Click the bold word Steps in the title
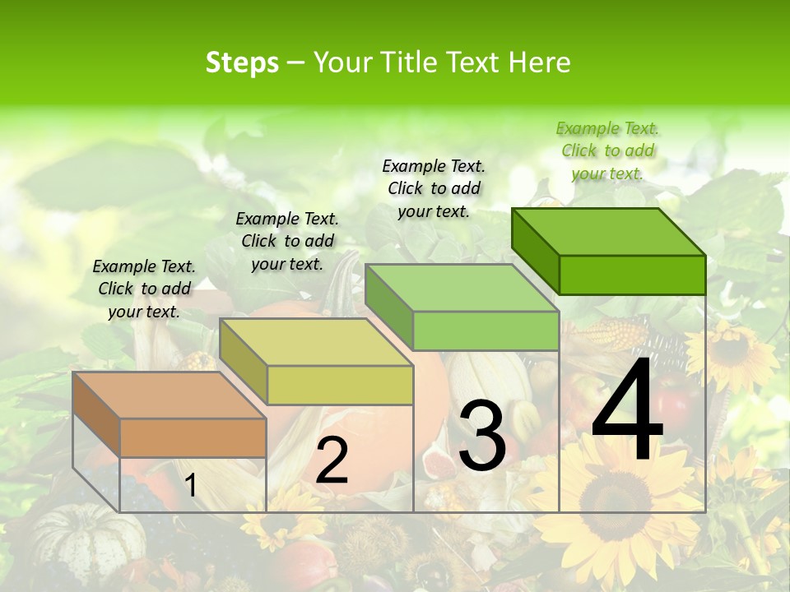241,62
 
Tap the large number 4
627,412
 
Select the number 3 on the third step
481,437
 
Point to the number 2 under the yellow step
332,460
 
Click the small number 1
190,486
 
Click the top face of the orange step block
169,395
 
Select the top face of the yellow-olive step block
316,342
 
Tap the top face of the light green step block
462,288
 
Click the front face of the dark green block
632,275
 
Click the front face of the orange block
193,437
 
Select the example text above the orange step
144,289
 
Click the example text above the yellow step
287,241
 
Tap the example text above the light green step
434,188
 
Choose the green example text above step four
607,150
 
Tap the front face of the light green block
486,331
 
